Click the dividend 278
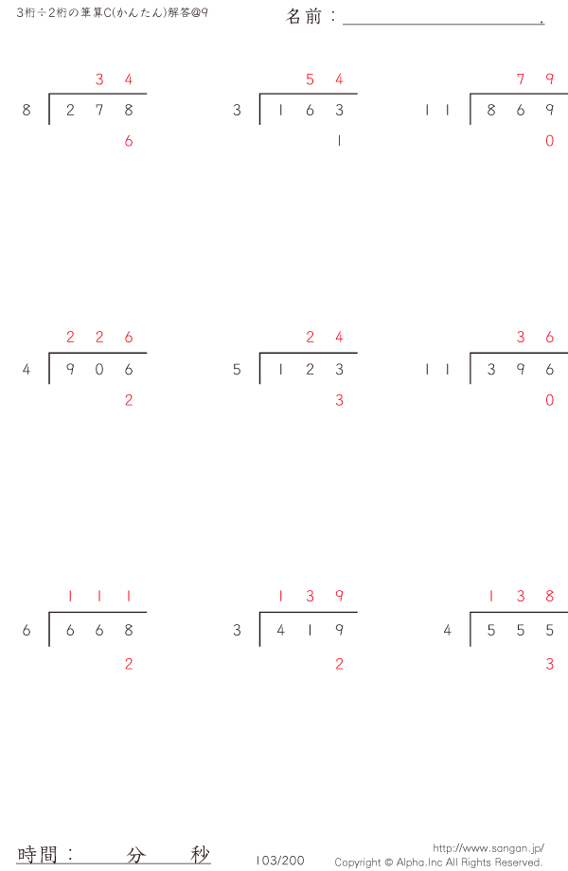coord(99,111)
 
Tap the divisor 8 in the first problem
coord(27,111)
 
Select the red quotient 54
coord(325,79)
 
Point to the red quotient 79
coord(535,79)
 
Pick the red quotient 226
coord(99,338)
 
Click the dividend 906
coord(99,370)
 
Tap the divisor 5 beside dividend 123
coord(237,370)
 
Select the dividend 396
coord(521,370)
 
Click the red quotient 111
coord(99,597)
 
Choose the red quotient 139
coord(311,597)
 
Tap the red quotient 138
coord(521,597)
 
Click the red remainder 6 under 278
coord(129,142)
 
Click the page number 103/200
coord(280,861)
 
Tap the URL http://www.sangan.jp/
coord(488,848)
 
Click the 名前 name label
coord(306,17)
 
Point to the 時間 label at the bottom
coord(39,855)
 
